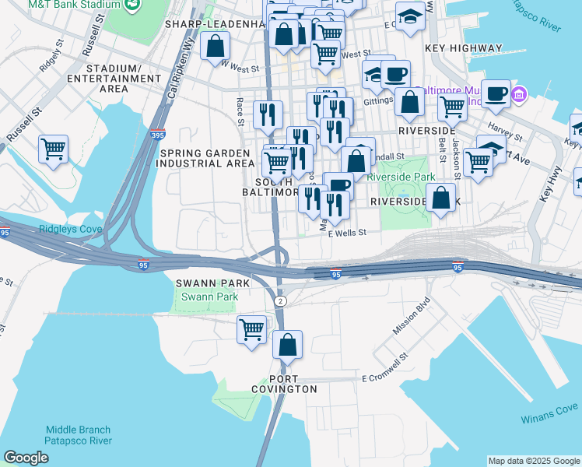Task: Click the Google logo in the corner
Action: tap(26, 458)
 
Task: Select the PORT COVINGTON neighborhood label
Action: tap(284, 384)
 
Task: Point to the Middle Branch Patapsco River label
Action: tap(78, 435)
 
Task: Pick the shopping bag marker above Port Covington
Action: tap(287, 344)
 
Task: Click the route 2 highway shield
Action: tap(279, 300)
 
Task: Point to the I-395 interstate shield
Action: tap(158, 135)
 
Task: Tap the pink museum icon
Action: tap(519, 96)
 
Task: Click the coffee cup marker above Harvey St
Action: tap(496, 94)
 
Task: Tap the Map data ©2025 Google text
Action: tap(534, 461)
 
